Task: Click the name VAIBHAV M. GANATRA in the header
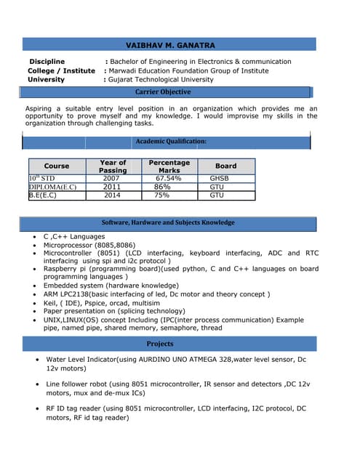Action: click(170, 45)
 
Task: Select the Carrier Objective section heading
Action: click(163, 92)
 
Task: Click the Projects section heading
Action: click(160, 344)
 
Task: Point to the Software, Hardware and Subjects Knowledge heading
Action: click(168, 222)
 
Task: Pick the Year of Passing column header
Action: click(112, 166)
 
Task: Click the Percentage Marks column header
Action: click(169, 166)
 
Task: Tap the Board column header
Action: click(225, 166)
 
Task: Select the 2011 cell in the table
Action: click(111, 187)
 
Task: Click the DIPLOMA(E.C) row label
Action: click(52, 187)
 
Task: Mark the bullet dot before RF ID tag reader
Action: click(37, 409)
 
